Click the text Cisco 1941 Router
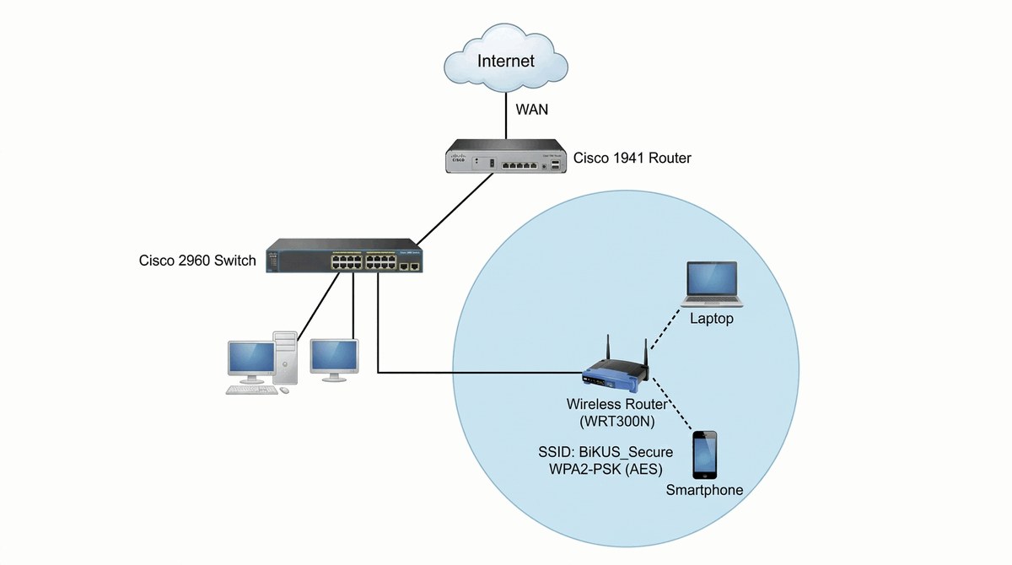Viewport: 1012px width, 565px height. coord(632,158)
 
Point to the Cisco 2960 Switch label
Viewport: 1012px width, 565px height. coord(196,261)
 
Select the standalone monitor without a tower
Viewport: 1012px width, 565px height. coord(334,358)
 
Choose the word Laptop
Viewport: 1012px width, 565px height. coord(711,320)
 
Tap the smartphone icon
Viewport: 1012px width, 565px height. coord(704,455)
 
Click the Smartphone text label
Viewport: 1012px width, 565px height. coord(704,490)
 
